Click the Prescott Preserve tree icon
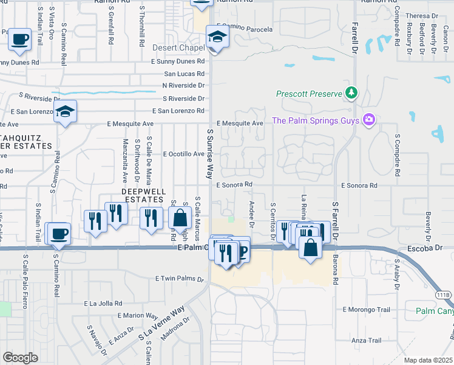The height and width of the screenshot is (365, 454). [x=351, y=93]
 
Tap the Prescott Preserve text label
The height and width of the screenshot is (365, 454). [x=309, y=94]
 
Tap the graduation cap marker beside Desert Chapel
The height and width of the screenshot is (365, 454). [x=217, y=36]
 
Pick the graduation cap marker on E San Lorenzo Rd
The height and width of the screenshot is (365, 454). [x=65, y=111]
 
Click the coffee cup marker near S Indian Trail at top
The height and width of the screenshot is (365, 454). [x=19, y=39]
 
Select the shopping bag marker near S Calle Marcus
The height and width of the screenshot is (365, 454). [x=180, y=217]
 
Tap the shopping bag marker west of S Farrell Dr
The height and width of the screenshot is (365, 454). [x=310, y=247]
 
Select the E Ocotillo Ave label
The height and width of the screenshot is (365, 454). [x=183, y=154]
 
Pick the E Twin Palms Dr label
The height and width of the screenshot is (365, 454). [x=179, y=278]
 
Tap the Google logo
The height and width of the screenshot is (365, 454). [x=20, y=358]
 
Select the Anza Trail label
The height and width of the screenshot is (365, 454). [x=365, y=341]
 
